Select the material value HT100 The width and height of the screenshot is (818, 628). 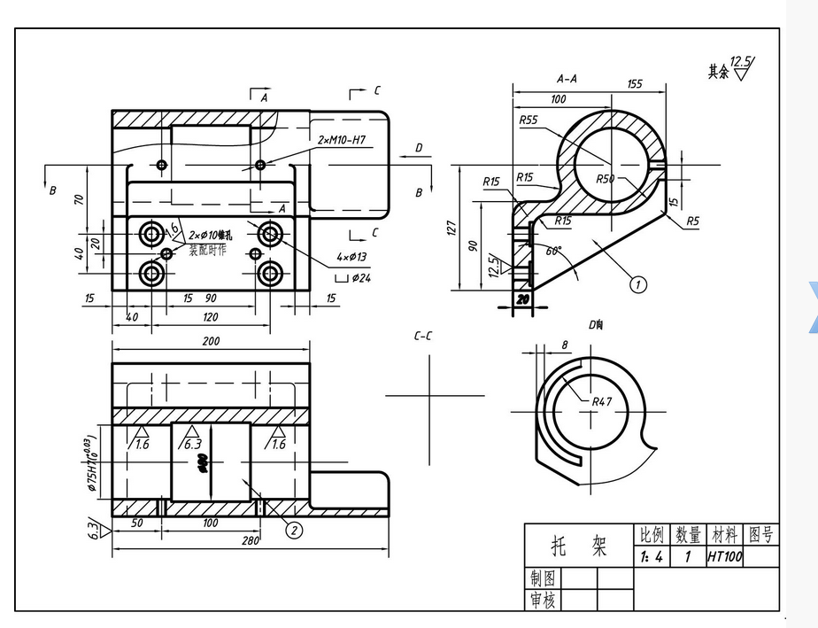coord(723,557)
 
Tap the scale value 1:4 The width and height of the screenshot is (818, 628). coord(651,557)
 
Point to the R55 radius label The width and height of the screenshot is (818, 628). coord(529,120)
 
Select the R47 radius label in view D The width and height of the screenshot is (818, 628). coord(602,401)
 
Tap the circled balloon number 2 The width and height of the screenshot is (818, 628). coord(293,530)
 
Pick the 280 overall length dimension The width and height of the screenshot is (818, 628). coord(251,540)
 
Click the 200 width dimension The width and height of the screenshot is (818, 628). coord(212,341)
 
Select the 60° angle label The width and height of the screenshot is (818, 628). coord(553,251)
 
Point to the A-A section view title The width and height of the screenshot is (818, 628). coord(567,78)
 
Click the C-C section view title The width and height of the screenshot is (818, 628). coord(423,336)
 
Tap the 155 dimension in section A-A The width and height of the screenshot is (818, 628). coord(635,84)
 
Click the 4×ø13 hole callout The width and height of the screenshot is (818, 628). coord(351,257)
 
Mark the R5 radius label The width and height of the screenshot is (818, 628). coord(692,221)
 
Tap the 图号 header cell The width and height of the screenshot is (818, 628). coord(760,534)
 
